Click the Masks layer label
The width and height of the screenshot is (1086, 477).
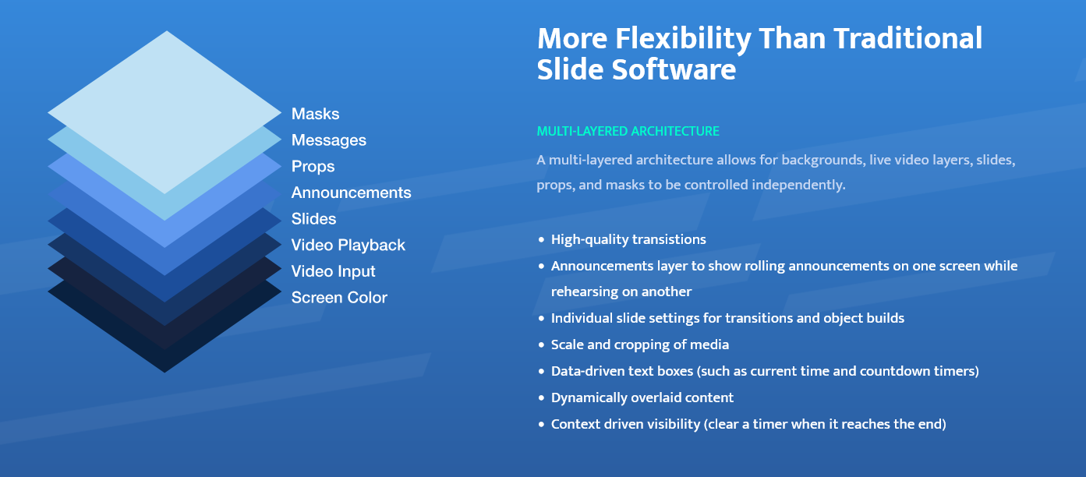click(315, 114)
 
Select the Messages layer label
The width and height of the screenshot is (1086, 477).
click(329, 140)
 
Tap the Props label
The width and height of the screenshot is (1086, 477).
click(313, 167)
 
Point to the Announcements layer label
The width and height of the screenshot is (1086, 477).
click(351, 193)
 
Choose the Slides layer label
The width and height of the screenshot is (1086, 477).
click(313, 218)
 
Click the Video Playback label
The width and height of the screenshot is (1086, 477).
click(348, 246)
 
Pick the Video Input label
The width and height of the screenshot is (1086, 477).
click(333, 271)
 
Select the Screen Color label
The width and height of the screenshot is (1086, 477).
click(339, 298)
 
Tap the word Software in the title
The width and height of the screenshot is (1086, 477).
click(674, 69)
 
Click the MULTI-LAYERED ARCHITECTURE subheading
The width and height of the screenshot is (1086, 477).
click(628, 132)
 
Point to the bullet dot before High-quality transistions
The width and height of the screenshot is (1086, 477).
click(542, 239)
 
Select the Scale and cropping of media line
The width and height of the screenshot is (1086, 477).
click(640, 344)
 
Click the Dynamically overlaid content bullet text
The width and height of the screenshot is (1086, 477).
click(642, 398)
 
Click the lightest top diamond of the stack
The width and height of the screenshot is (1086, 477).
click(164, 112)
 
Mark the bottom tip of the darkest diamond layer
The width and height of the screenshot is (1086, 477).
click(164, 373)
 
